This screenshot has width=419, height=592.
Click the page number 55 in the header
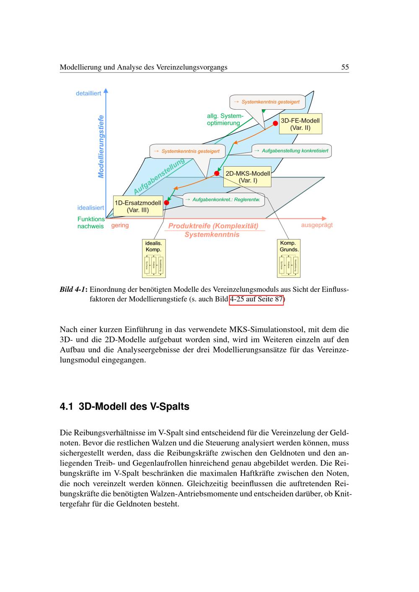[x=345, y=67]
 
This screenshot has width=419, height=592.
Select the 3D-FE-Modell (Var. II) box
[x=300, y=124]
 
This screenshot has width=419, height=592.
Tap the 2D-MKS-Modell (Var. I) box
[x=247, y=177]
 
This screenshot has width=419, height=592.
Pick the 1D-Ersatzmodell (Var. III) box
[x=138, y=206]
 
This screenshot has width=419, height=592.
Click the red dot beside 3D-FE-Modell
[x=276, y=123]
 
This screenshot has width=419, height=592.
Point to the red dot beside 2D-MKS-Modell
[x=217, y=173]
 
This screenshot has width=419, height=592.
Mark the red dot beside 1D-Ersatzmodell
[x=166, y=203]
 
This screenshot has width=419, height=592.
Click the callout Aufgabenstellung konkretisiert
[x=292, y=151]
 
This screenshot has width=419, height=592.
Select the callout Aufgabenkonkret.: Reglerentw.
[x=224, y=200]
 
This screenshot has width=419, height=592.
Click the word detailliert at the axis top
[x=88, y=93]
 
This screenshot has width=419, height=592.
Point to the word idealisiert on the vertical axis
[x=91, y=208]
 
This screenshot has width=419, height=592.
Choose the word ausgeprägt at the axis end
[x=317, y=225]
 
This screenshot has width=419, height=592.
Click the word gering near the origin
[x=120, y=225]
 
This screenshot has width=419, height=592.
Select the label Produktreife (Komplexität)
[x=213, y=226]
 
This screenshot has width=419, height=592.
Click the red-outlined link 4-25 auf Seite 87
[x=256, y=300]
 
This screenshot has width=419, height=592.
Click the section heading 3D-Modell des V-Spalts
[x=134, y=407]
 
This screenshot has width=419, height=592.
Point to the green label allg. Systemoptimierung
[x=225, y=119]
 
